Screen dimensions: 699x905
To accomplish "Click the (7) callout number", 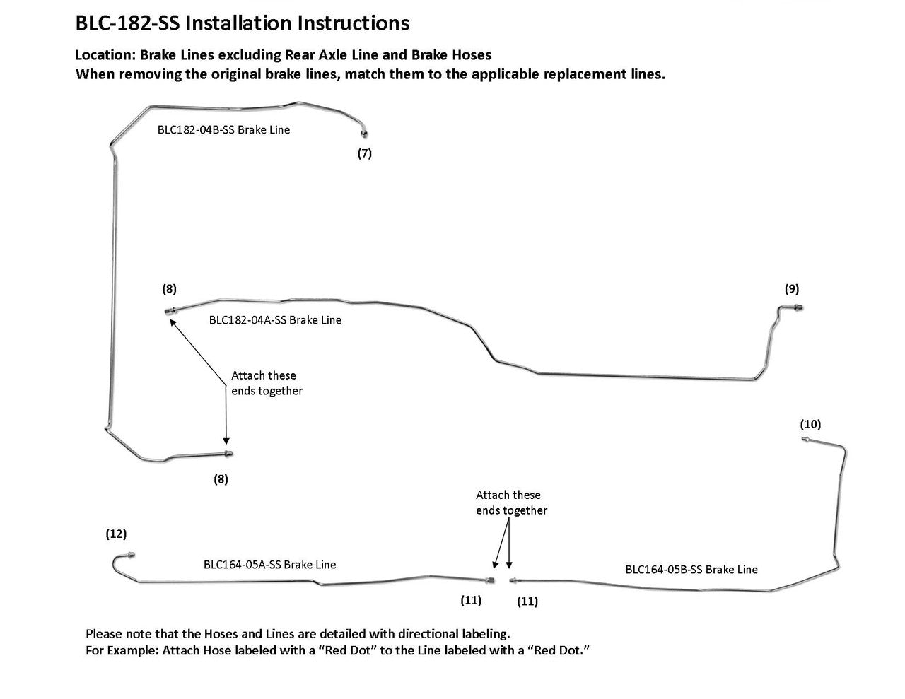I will [x=364, y=153].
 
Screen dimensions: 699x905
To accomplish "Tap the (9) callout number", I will [x=791, y=288].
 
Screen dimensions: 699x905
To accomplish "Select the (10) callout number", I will [x=810, y=424].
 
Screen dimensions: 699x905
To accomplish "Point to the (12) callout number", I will [x=116, y=534].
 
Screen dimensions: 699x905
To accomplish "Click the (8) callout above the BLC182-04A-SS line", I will [x=169, y=288].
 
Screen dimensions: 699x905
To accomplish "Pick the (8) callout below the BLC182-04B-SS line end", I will [x=221, y=478].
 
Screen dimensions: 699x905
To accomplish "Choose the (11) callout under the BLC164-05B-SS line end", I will [x=527, y=601].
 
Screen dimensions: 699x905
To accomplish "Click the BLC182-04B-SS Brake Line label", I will [x=223, y=130].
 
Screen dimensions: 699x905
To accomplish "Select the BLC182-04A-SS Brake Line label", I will [x=275, y=320].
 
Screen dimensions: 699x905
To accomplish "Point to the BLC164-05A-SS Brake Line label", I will [x=269, y=565].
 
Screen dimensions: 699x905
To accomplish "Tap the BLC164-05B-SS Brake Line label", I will [x=691, y=570].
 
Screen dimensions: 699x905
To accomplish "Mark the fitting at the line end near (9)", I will [x=797, y=308].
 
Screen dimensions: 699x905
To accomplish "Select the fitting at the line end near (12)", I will [x=130, y=556].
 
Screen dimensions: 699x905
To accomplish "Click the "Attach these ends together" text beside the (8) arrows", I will [x=267, y=383].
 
